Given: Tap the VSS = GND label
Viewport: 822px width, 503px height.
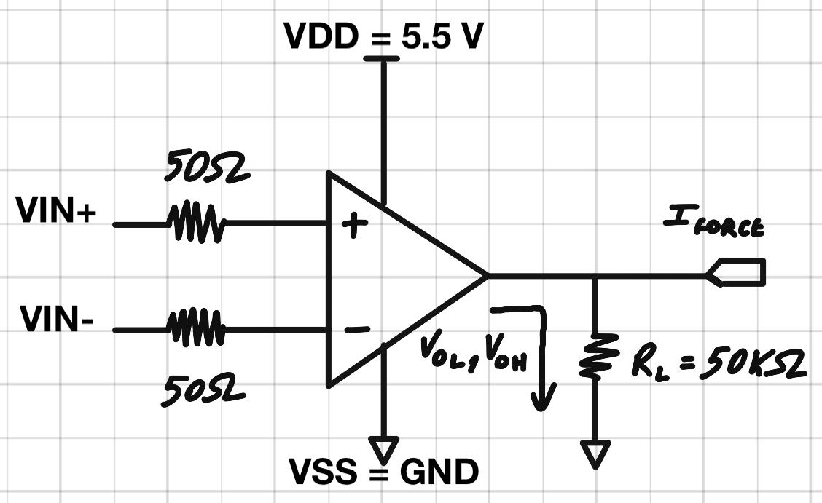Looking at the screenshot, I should (x=384, y=472).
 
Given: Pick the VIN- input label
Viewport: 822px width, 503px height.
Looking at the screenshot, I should (x=56, y=320).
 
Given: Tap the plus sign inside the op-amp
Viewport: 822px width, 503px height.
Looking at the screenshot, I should (x=354, y=226).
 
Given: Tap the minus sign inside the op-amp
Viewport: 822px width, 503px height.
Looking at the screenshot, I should (x=356, y=330).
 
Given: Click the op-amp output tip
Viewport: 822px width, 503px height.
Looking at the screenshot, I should (x=485, y=276).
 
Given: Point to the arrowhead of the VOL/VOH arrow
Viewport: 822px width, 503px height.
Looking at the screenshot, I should (x=541, y=400).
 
